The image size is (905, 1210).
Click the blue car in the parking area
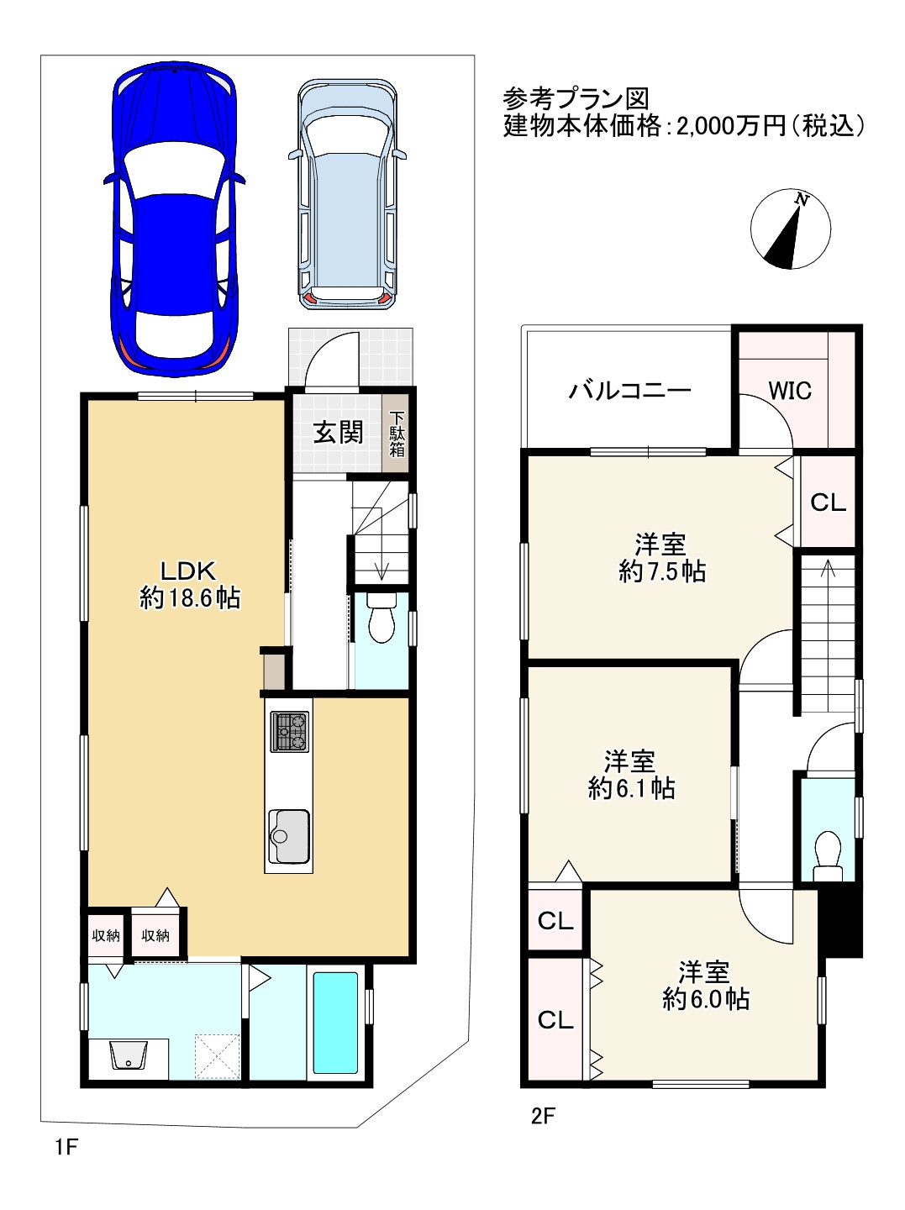(174, 218)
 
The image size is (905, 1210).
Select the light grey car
(347, 195)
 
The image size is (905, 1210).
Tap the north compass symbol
(791, 229)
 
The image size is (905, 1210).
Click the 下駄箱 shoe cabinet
(397, 434)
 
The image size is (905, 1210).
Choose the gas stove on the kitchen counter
(289, 732)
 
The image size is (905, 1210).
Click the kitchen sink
(289, 836)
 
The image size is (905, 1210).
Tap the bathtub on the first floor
(335, 1023)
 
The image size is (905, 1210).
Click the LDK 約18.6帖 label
(189, 585)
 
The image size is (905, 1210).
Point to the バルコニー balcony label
(630, 391)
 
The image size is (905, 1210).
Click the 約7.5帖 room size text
(662, 571)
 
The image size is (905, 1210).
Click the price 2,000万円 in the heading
(731, 127)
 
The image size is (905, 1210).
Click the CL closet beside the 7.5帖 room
(828, 502)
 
